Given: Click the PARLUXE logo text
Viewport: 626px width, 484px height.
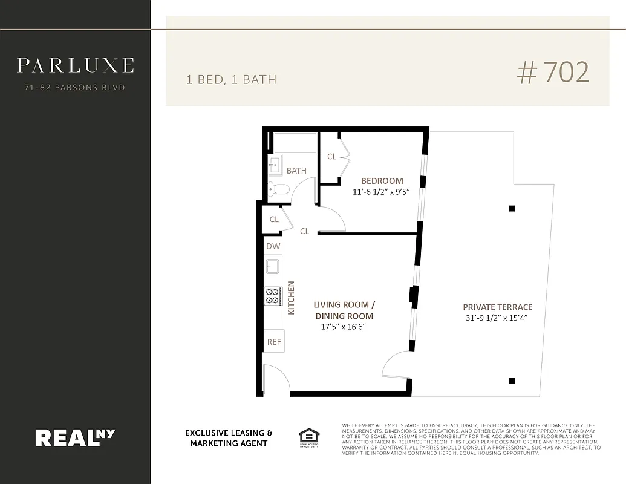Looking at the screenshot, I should click(x=75, y=65).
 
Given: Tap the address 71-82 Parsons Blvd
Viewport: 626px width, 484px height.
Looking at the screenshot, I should click(x=75, y=88).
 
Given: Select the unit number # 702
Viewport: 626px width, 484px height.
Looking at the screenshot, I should click(x=553, y=73).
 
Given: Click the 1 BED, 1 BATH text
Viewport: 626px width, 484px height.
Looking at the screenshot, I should click(x=231, y=79).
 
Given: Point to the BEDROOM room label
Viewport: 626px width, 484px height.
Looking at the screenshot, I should click(x=382, y=181).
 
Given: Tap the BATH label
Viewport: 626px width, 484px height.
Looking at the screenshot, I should click(x=296, y=171).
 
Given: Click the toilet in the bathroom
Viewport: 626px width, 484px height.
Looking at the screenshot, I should click(x=278, y=189).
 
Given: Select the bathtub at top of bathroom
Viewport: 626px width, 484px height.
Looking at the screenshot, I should click(x=295, y=143).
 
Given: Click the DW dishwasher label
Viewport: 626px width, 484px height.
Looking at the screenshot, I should click(x=273, y=246).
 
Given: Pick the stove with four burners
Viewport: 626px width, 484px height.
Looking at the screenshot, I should click(x=273, y=296).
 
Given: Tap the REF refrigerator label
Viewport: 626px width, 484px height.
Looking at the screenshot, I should click(x=274, y=342).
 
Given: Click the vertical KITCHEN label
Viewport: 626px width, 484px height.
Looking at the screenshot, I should click(x=291, y=297).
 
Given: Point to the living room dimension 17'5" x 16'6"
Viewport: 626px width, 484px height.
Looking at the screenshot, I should click(x=343, y=327).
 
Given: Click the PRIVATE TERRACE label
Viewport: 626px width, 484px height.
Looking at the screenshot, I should click(x=497, y=307).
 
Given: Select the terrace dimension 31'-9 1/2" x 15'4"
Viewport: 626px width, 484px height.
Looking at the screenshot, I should click(x=497, y=318).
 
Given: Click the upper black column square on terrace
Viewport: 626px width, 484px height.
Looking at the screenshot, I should click(x=512, y=209).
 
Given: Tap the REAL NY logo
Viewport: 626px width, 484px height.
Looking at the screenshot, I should click(x=75, y=437).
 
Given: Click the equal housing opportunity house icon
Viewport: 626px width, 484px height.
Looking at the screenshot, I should click(x=309, y=436).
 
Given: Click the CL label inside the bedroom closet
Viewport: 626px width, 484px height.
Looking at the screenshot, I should click(x=331, y=157).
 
